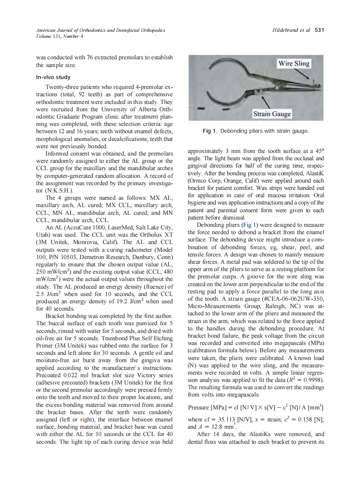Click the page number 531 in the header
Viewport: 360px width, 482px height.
(319, 31)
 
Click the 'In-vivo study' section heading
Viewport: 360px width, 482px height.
(53, 77)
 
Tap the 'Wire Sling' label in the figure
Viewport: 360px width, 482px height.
(294, 64)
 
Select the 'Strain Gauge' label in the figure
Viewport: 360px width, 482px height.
(272, 114)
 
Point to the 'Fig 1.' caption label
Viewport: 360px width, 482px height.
(211, 131)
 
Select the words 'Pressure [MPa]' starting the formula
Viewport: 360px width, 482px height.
(205, 407)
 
